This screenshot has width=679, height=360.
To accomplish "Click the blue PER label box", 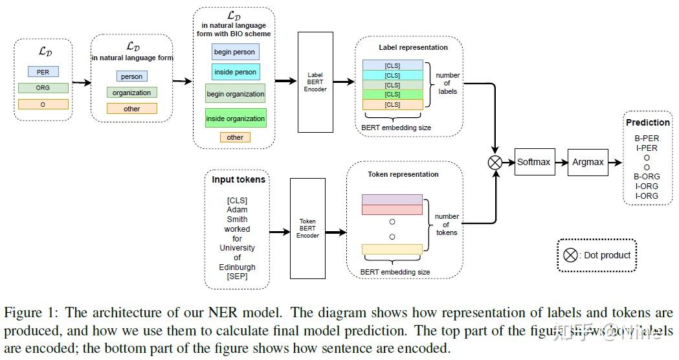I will click(43, 71).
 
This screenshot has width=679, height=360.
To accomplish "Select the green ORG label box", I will click(43, 87).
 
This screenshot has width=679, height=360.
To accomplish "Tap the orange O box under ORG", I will click(43, 104).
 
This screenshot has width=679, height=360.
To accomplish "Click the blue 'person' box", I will click(131, 76).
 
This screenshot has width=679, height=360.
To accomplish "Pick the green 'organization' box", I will click(131, 93).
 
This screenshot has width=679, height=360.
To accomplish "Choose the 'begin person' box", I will click(235, 52).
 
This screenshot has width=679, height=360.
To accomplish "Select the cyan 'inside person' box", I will click(235, 72).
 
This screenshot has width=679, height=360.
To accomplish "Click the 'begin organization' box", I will click(235, 94).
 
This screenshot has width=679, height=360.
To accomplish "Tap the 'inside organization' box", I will click(236, 118).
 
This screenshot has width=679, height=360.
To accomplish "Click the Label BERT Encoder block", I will click(315, 82).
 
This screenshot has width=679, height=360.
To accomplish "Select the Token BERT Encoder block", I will click(307, 228).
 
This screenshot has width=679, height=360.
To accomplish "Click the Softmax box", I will click(533, 162).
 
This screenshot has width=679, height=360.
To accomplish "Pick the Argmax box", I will click(588, 162).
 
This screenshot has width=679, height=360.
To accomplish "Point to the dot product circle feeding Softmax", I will click(495, 163).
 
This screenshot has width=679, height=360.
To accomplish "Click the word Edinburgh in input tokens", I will click(237, 267).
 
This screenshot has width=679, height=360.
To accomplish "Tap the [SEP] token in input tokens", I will click(237, 276).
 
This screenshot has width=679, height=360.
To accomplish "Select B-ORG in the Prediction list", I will click(647, 177).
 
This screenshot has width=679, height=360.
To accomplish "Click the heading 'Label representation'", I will click(413, 47).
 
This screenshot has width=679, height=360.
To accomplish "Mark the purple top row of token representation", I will click(392, 199).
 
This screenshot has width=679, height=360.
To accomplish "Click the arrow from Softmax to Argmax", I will click(561, 162).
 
